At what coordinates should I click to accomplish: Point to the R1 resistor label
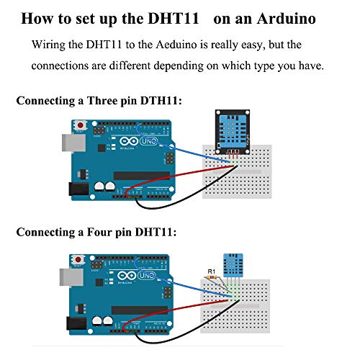pyautogui.click(x=211, y=272)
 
